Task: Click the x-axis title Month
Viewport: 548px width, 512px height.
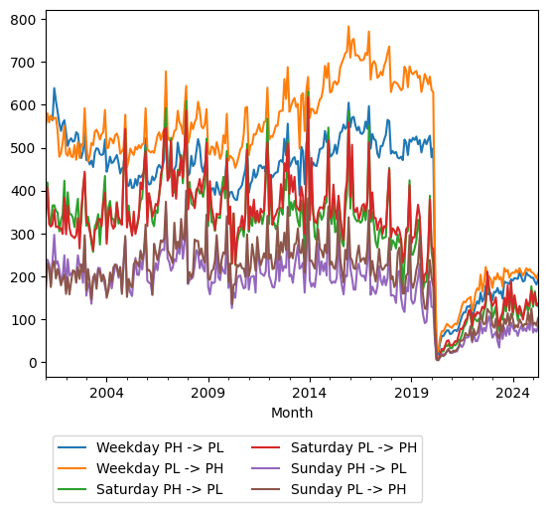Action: (x=292, y=413)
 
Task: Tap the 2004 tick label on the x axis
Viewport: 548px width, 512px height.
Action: (x=106, y=393)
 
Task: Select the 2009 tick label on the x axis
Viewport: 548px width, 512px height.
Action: (x=207, y=393)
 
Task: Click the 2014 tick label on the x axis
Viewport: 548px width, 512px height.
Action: (x=309, y=393)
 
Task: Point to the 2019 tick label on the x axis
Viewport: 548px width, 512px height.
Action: (x=411, y=393)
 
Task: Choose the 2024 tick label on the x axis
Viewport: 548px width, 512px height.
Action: (x=512, y=393)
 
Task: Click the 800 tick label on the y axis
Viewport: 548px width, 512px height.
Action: (x=23, y=20)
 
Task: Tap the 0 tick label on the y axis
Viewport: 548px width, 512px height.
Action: (x=32, y=363)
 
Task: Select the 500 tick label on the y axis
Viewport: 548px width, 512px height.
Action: (x=23, y=148)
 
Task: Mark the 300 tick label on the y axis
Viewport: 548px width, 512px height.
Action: (x=23, y=234)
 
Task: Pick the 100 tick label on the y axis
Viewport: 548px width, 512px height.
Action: (x=23, y=320)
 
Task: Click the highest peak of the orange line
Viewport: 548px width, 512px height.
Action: (x=348, y=27)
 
